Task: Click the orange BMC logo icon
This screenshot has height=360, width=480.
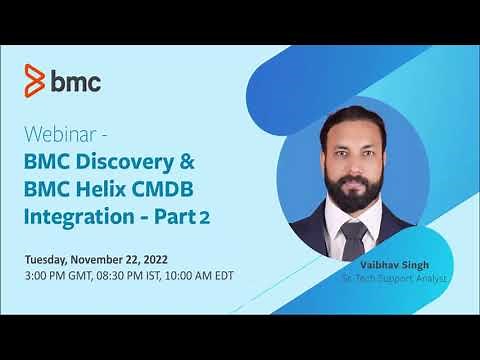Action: [35, 78]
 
